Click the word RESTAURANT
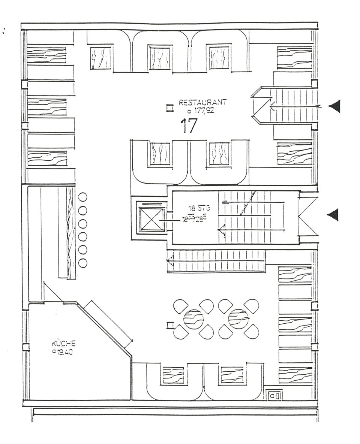tap(202, 102)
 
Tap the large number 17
tap(188, 126)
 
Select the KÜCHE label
tap(64, 343)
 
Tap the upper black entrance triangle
tap(335, 106)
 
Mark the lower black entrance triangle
tap(334, 214)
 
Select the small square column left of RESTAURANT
tap(170, 108)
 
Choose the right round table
tap(238, 318)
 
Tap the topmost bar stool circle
tap(82, 197)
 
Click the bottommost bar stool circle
tap(82, 263)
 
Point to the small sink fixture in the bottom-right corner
tap(274, 395)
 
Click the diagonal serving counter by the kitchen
tap(109, 323)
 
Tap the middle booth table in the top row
tap(160, 57)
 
